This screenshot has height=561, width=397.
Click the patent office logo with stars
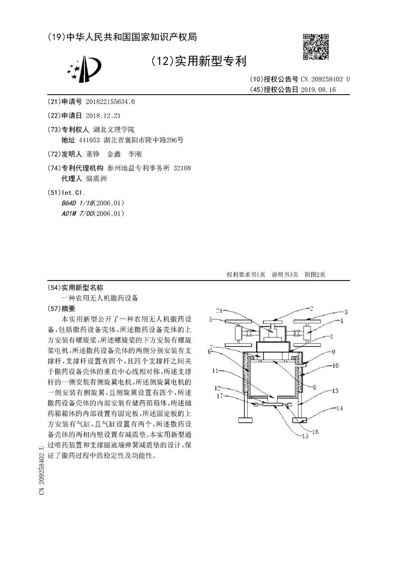(x=85, y=69)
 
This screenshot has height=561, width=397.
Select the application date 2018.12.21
(x=103, y=115)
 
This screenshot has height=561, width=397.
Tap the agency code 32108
(x=182, y=168)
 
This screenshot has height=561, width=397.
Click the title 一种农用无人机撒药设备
(x=100, y=298)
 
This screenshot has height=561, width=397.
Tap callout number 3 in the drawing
(x=346, y=312)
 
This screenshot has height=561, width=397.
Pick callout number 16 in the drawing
(x=315, y=432)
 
